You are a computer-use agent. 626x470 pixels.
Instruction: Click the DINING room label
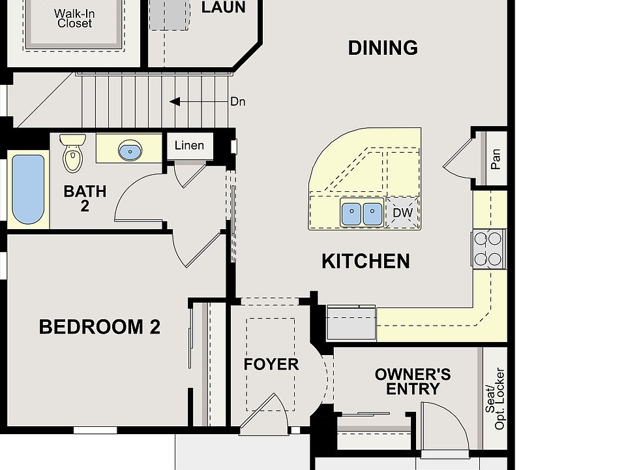point(383,48)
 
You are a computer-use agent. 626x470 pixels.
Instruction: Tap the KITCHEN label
point(366,261)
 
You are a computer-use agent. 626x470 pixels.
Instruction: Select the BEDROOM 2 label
point(99,327)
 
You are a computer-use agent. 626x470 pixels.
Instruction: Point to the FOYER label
point(271,364)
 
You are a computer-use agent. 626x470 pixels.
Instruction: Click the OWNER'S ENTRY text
point(413,382)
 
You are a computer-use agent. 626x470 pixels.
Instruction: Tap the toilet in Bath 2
point(72,153)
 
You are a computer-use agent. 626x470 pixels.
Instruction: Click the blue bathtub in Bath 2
point(28,189)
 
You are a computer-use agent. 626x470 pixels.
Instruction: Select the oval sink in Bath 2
point(130,150)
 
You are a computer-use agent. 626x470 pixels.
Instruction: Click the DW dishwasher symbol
point(402,213)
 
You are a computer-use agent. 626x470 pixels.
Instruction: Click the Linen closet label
point(189,145)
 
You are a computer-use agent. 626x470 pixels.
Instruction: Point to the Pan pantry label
point(496,159)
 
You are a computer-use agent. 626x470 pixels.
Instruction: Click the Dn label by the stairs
point(238,102)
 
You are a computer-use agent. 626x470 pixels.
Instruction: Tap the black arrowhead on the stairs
point(175,102)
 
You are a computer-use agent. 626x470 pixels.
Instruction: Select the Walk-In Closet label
point(74,18)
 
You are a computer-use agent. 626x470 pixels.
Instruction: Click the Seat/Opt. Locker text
point(495,399)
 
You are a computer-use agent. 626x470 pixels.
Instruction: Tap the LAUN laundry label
point(223,7)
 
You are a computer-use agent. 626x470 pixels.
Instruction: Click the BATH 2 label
point(85,198)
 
